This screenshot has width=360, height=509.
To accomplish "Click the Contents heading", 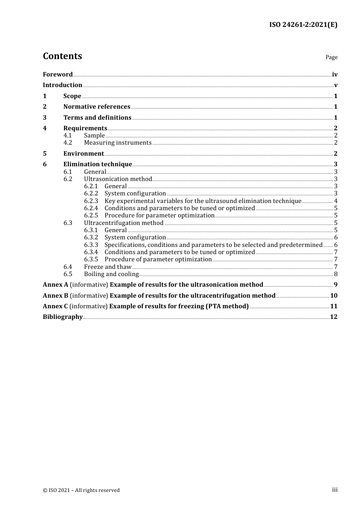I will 62,56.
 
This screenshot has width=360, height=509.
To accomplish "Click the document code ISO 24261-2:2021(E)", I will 303,25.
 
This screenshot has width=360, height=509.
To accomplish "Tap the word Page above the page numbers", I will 331,57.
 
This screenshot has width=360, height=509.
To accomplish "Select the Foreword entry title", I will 58,75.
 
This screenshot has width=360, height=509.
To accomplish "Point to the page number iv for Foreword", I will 335,75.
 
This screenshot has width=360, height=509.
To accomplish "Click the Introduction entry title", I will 63,85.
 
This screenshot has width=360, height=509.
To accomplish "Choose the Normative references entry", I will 97,107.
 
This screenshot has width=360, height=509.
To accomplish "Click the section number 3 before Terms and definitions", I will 45,118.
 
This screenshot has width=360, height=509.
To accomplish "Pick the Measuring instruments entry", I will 117,143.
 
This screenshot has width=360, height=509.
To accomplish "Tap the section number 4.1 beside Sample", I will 68,136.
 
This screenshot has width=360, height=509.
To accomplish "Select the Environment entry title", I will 83,154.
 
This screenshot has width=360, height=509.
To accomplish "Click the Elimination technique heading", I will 97,164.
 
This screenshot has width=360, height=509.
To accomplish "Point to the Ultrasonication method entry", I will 118,179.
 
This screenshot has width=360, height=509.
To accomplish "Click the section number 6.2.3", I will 91,201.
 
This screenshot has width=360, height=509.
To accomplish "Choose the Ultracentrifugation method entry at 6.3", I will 124,223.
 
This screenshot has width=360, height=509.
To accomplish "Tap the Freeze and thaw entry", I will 108,267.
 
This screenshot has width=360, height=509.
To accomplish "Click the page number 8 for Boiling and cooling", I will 336,274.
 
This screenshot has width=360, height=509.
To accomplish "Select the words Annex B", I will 55,296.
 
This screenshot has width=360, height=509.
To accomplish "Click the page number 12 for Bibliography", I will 334,317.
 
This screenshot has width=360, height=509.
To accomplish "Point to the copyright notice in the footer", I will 81,490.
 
